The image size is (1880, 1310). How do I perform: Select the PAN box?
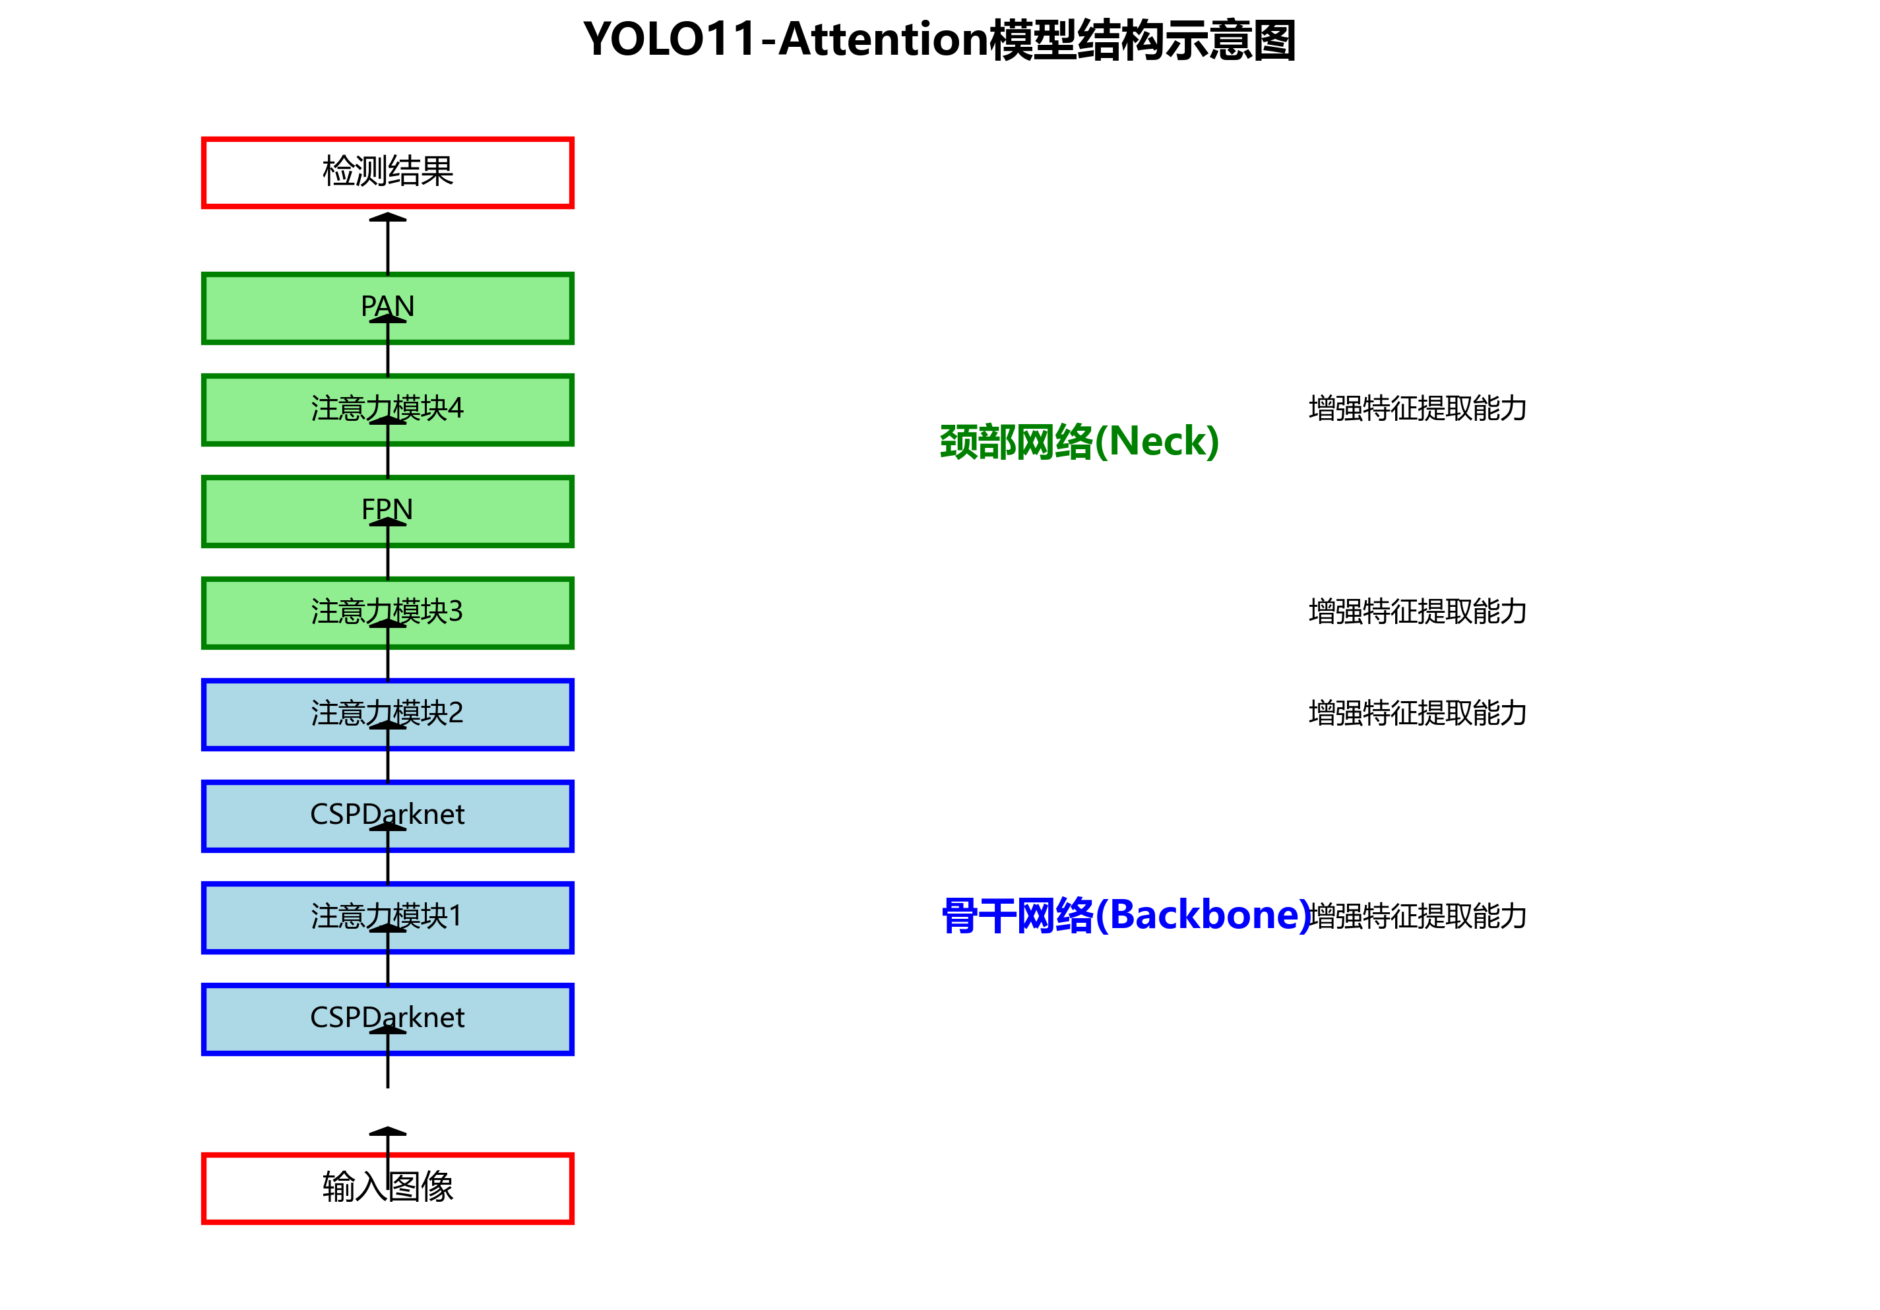click(491, 309)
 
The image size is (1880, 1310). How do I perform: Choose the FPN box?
click(491, 512)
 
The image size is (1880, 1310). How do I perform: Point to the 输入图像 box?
click(491, 1188)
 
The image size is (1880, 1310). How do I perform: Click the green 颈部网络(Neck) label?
click(1079, 442)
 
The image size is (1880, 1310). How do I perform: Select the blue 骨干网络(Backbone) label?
click(1126, 916)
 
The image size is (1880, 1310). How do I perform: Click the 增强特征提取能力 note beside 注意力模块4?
click(1418, 408)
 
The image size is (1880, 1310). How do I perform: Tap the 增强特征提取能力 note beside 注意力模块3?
click(1418, 611)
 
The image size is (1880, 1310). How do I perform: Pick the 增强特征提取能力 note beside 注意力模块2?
click(1418, 713)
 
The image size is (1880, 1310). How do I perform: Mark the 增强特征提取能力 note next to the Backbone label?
click(1418, 916)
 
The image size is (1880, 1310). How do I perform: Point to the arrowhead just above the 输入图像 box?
click(388, 1131)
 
